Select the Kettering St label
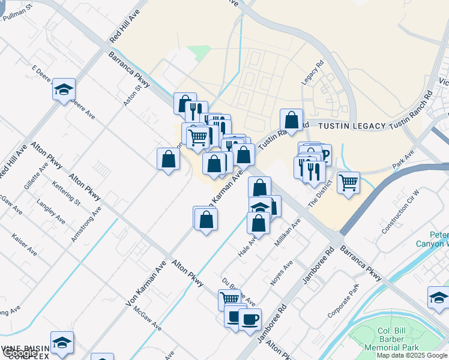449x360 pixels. pos(66,190)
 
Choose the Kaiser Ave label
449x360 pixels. pos(24,245)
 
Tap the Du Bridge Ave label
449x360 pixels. pos(238,291)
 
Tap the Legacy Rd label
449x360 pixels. pos(313,71)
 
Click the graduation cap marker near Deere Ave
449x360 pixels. pos(64,90)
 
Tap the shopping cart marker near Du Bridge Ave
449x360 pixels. pos(229,298)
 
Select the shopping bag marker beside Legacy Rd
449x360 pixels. pos(291,120)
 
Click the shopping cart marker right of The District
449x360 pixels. pos(348,181)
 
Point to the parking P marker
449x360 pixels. pos(325,156)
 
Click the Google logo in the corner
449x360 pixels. pos(19,353)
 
